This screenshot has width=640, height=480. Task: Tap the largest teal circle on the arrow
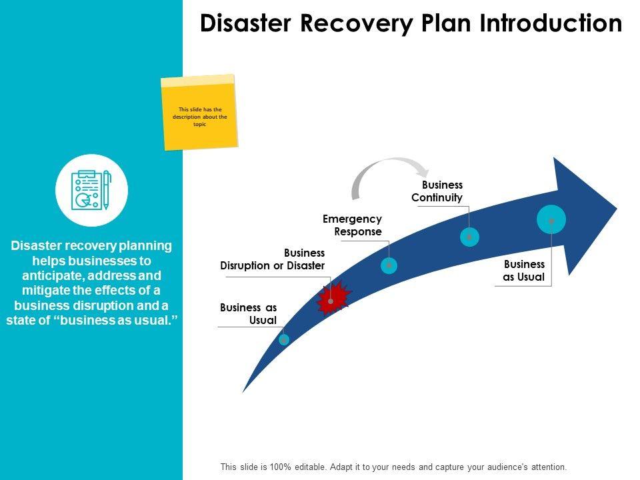[551, 219]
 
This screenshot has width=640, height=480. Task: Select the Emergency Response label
[352, 225]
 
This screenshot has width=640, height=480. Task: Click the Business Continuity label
[437, 191]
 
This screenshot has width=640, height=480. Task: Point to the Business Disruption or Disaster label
[273, 259]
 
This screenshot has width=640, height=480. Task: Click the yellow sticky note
[199, 112]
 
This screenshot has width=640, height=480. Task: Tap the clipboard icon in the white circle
[91, 190]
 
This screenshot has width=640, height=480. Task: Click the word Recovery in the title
[356, 24]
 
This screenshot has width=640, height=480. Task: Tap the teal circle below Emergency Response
[389, 265]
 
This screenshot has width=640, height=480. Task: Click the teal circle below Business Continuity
[469, 237]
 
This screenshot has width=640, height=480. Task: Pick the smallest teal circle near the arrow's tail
[284, 339]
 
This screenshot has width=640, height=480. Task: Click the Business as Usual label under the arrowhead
[524, 271]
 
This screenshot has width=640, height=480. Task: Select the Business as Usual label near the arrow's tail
[249, 313]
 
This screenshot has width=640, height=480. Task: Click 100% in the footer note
[281, 467]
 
